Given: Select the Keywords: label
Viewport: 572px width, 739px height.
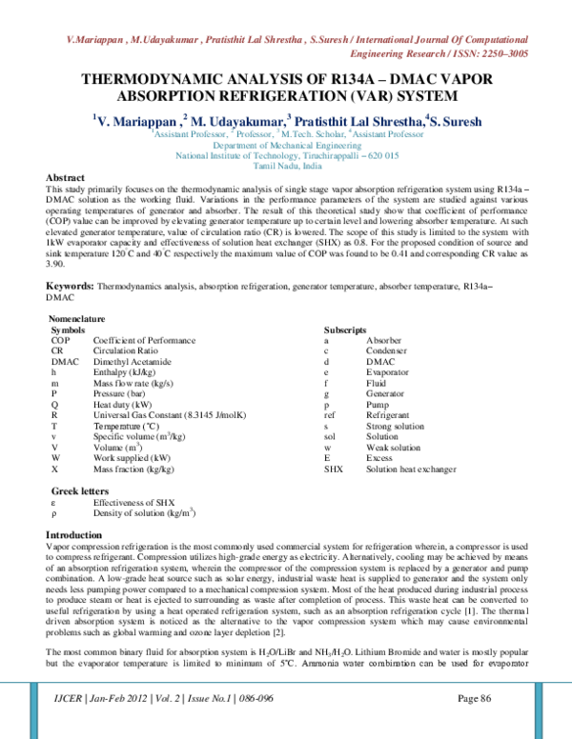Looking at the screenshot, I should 71,260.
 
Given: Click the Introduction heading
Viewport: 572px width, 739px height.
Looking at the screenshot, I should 80,535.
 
